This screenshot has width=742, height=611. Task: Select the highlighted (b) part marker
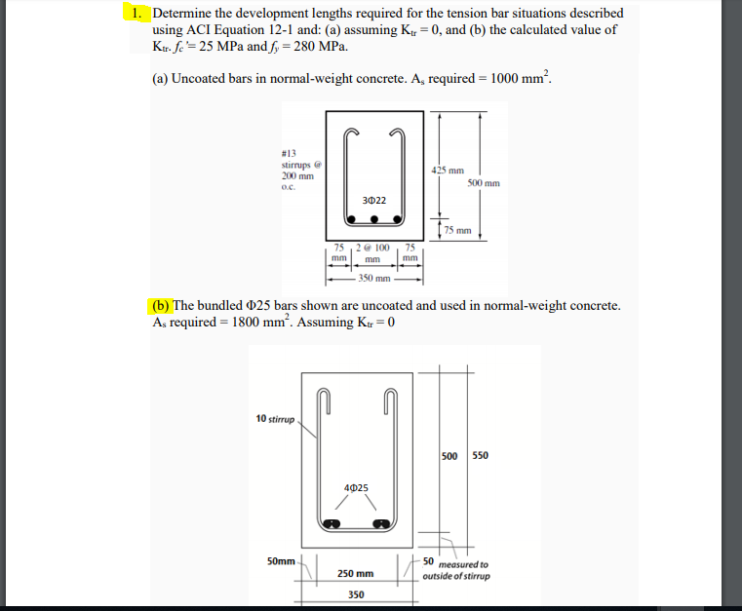(159, 306)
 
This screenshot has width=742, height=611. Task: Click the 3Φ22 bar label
(374, 200)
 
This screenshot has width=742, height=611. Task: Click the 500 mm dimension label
(484, 182)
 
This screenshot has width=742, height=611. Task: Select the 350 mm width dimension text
(371, 277)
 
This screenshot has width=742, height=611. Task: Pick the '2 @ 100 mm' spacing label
(372, 253)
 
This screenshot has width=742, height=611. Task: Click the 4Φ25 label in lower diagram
(356, 486)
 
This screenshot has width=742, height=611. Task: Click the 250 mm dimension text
(356, 573)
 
